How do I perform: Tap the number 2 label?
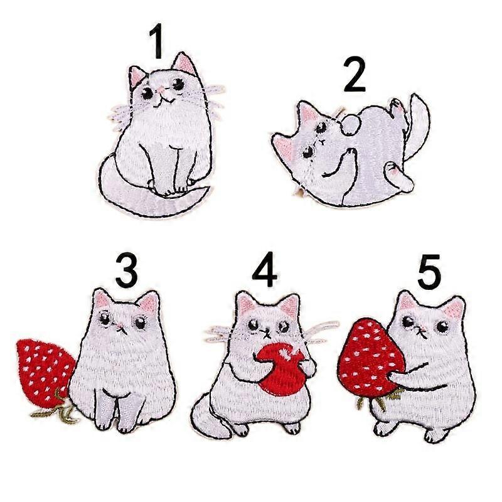click(355, 74)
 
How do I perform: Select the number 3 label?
click(127, 270)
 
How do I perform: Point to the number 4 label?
click(264, 270)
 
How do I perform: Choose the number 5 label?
click(429, 272)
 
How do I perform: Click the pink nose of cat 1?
click(163, 91)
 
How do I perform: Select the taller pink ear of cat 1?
click(184, 64)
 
